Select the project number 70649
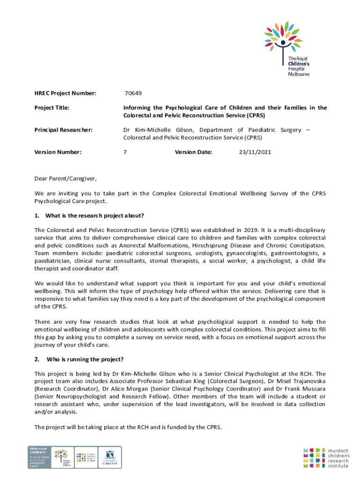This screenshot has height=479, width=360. [x=133, y=94]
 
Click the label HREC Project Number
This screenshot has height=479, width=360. [x=65, y=94]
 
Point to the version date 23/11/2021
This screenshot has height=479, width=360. [x=255, y=152]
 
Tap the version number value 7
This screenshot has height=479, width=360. [x=125, y=152]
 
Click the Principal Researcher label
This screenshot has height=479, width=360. [x=62, y=130]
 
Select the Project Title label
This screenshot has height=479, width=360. [x=52, y=108]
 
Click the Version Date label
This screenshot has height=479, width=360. [x=193, y=152]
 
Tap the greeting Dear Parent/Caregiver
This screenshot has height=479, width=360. [x=65, y=179]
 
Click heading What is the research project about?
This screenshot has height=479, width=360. [x=94, y=216]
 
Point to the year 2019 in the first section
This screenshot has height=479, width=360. [x=249, y=230]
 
